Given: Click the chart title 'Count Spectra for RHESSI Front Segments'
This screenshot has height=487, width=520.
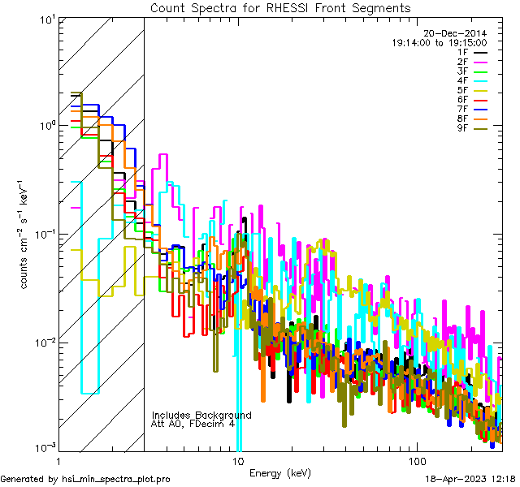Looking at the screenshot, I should pyautogui.click(x=280, y=8).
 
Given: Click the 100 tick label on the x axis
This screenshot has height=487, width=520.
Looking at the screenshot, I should pyautogui.click(x=416, y=461).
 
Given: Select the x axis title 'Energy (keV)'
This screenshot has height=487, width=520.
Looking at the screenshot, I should pyautogui.click(x=280, y=473).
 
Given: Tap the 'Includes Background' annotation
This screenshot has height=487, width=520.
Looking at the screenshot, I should pyautogui.click(x=201, y=415).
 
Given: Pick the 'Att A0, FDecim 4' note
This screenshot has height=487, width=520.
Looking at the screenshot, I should pyautogui.click(x=193, y=424).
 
